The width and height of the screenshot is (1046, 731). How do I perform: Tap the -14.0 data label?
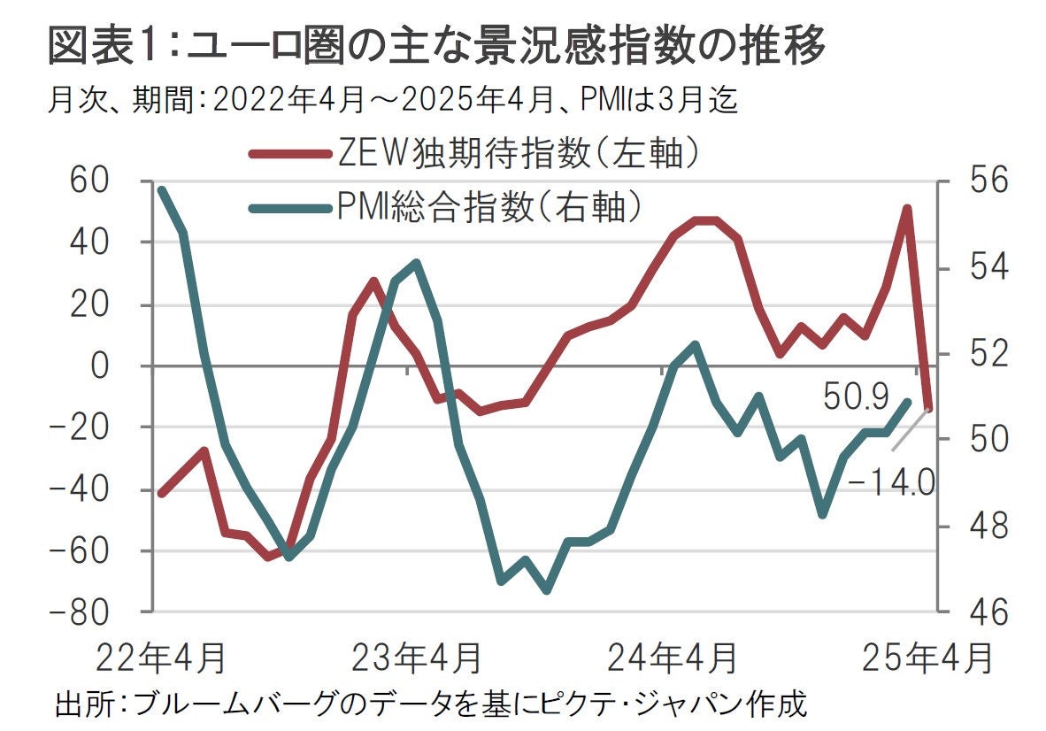click(x=890, y=483)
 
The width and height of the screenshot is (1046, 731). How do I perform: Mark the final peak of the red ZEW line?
click(x=907, y=209)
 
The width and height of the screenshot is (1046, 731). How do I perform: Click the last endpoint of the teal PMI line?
click(x=907, y=401)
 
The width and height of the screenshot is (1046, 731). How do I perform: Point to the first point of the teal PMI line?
click(x=161, y=189)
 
